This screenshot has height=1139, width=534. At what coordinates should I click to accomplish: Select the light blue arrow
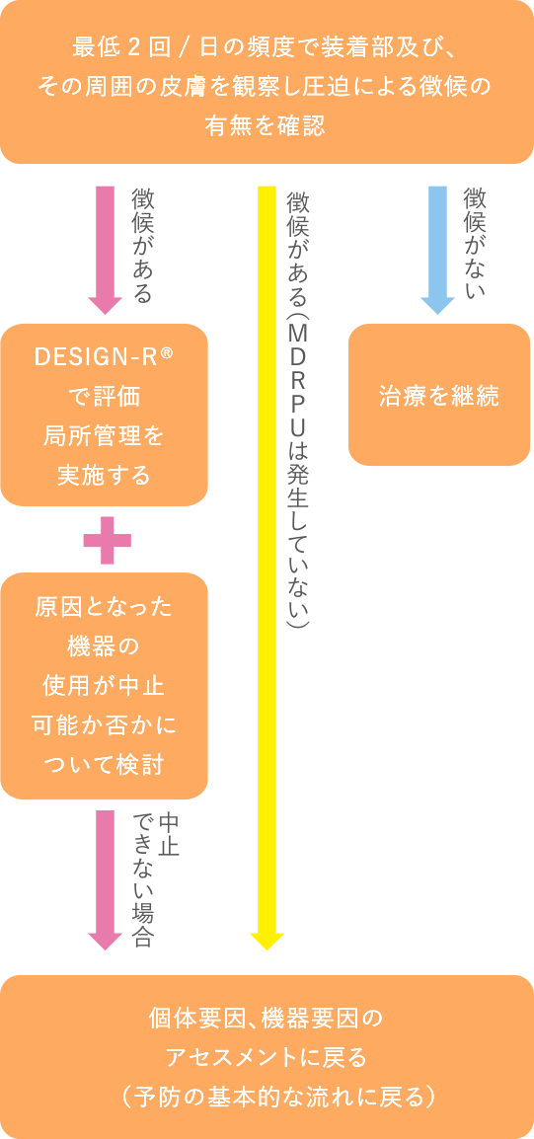pos(437,247)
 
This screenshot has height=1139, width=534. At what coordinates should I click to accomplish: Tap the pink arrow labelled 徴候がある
pos(105,247)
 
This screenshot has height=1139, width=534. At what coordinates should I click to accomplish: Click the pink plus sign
pos(107,540)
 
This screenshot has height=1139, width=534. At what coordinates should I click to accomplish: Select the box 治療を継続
pos(439,396)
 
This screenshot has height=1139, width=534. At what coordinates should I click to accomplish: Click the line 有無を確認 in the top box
pos(266,125)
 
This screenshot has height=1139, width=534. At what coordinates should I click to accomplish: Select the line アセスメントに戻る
pos(267,1057)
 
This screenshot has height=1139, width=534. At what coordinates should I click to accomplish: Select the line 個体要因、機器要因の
pos(267,1018)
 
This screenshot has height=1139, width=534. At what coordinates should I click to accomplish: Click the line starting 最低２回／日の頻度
pos(266,46)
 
